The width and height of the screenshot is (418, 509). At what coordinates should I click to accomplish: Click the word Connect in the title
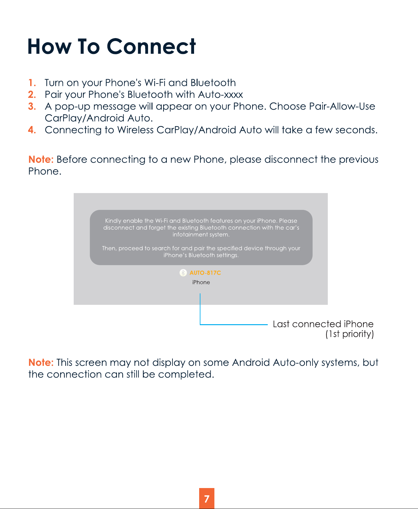[151, 46]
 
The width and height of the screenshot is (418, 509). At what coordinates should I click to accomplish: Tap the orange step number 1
[32, 83]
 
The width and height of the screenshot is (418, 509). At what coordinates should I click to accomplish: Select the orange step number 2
[32, 94]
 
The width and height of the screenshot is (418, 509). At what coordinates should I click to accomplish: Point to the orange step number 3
[32, 106]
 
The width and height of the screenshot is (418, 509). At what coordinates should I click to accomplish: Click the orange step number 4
[32, 130]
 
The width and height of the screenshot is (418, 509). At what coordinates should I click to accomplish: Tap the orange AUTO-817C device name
[205, 273]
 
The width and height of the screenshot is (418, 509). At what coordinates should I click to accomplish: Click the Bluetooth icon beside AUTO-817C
[183, 273]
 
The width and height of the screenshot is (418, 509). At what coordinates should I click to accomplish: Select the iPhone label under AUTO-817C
[201, 282]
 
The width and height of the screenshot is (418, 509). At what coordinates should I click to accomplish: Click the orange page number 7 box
[207, 498]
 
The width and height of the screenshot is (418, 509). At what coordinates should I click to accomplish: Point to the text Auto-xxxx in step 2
[220, 94]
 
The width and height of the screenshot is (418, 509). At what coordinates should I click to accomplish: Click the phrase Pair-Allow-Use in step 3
[342, 106]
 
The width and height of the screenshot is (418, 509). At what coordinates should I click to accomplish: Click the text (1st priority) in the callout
[349, 334]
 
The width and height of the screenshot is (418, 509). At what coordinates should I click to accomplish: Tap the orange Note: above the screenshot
[41, 159]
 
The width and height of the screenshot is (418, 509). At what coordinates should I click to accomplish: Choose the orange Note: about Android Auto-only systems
[41, 362]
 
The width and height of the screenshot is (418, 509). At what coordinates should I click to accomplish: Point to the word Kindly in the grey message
[113, 221]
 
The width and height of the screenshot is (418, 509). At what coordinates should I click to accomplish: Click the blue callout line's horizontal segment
[234, 325]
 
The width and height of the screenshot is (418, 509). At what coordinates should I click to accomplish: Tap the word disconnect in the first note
[291, 159]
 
